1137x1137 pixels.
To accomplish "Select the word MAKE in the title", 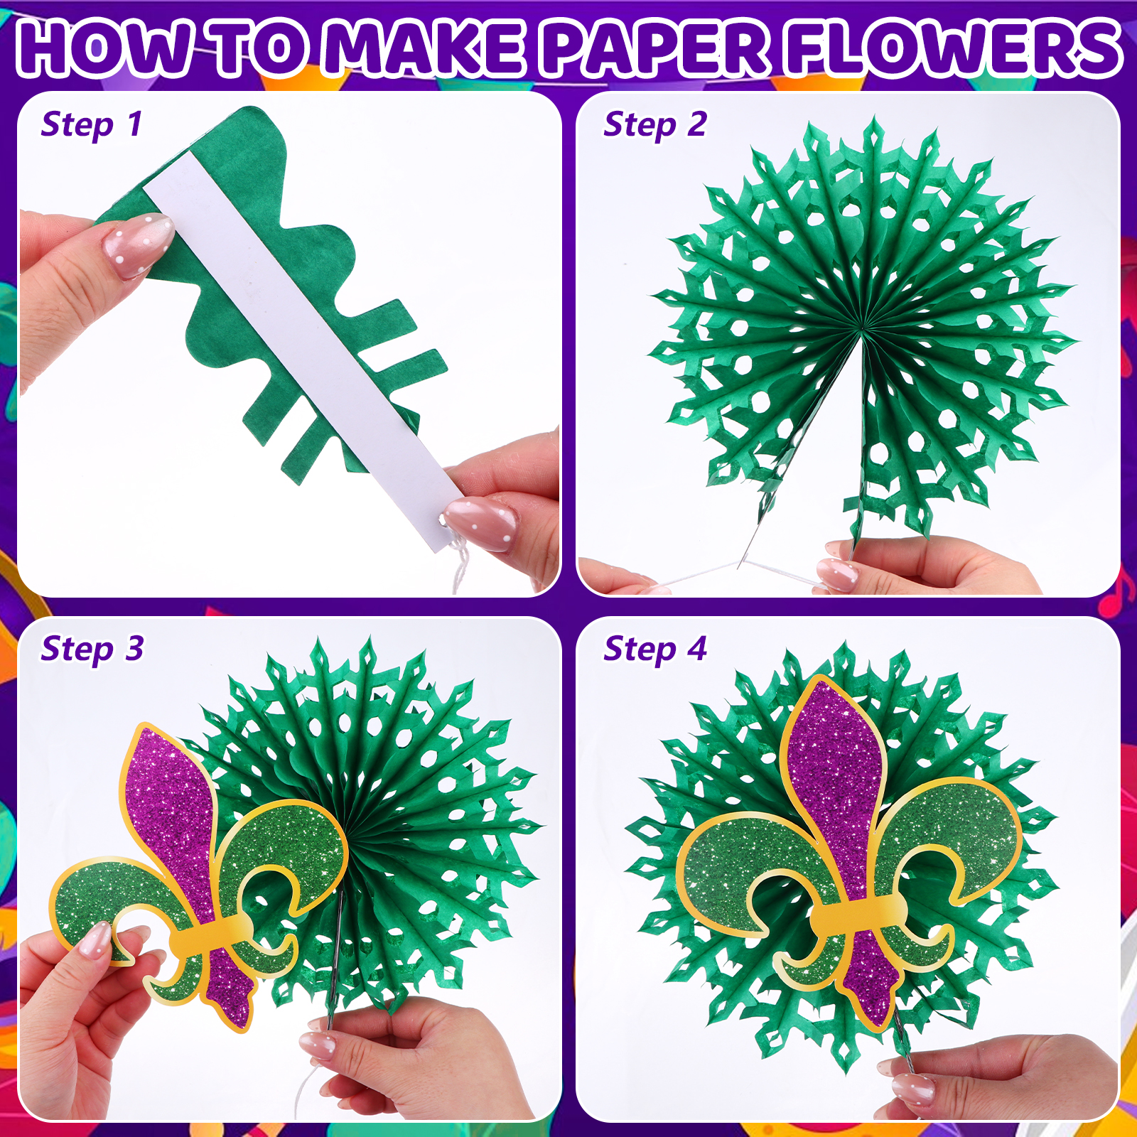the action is [426, 48].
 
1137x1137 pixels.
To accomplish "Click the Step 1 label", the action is [92, 124].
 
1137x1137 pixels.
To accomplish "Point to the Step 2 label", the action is [655, 124].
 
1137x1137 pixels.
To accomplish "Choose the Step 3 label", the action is [92, 649].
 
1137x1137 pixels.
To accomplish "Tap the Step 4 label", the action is [655, 649].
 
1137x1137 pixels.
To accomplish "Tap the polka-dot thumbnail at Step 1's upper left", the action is [139, 245].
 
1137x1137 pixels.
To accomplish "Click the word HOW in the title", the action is [107, 48].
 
